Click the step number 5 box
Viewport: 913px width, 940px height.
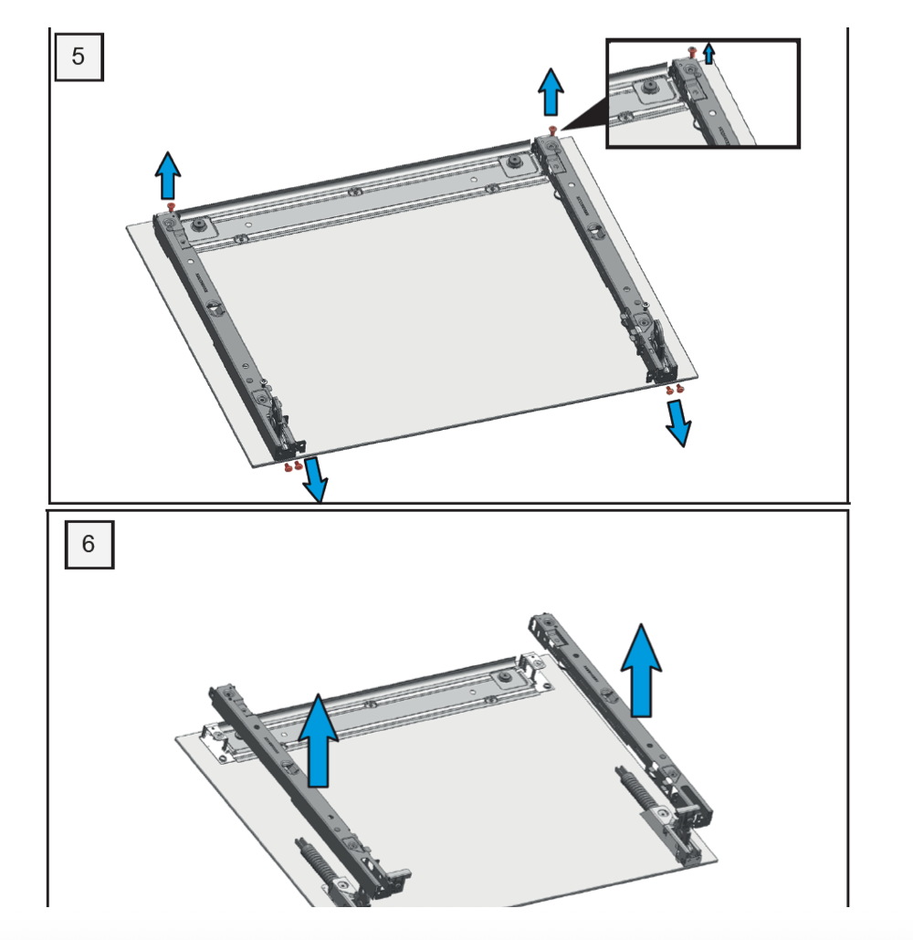(x=78, y=56)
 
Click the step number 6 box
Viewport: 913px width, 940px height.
(x=89, y=544)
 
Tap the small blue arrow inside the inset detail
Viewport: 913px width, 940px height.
(x=709, y=54)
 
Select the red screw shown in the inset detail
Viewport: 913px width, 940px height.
(x=693, y=54)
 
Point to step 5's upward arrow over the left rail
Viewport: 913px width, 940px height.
(x=167, y=176)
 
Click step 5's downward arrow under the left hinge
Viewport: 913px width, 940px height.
(x=314, y=480)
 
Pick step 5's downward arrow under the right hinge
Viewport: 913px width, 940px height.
(x=678, y=422)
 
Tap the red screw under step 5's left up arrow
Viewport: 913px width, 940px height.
(x=171, y=208)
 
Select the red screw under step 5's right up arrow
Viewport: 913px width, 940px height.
(x=551, y=131)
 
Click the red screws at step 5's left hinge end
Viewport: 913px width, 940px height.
(x=293, y=466)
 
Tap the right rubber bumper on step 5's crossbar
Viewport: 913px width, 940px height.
(x=515, y=162)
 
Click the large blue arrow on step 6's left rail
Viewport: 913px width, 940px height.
(x=319, y=740)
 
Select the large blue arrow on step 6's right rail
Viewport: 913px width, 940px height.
(x=642, y=671)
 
